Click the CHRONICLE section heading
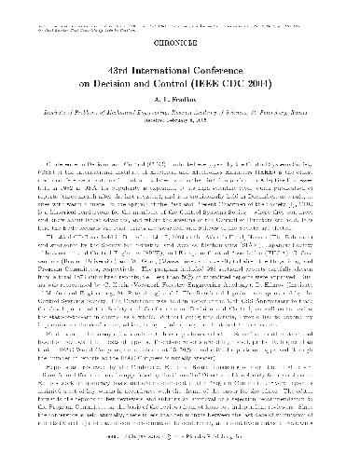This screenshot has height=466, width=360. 180,40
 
